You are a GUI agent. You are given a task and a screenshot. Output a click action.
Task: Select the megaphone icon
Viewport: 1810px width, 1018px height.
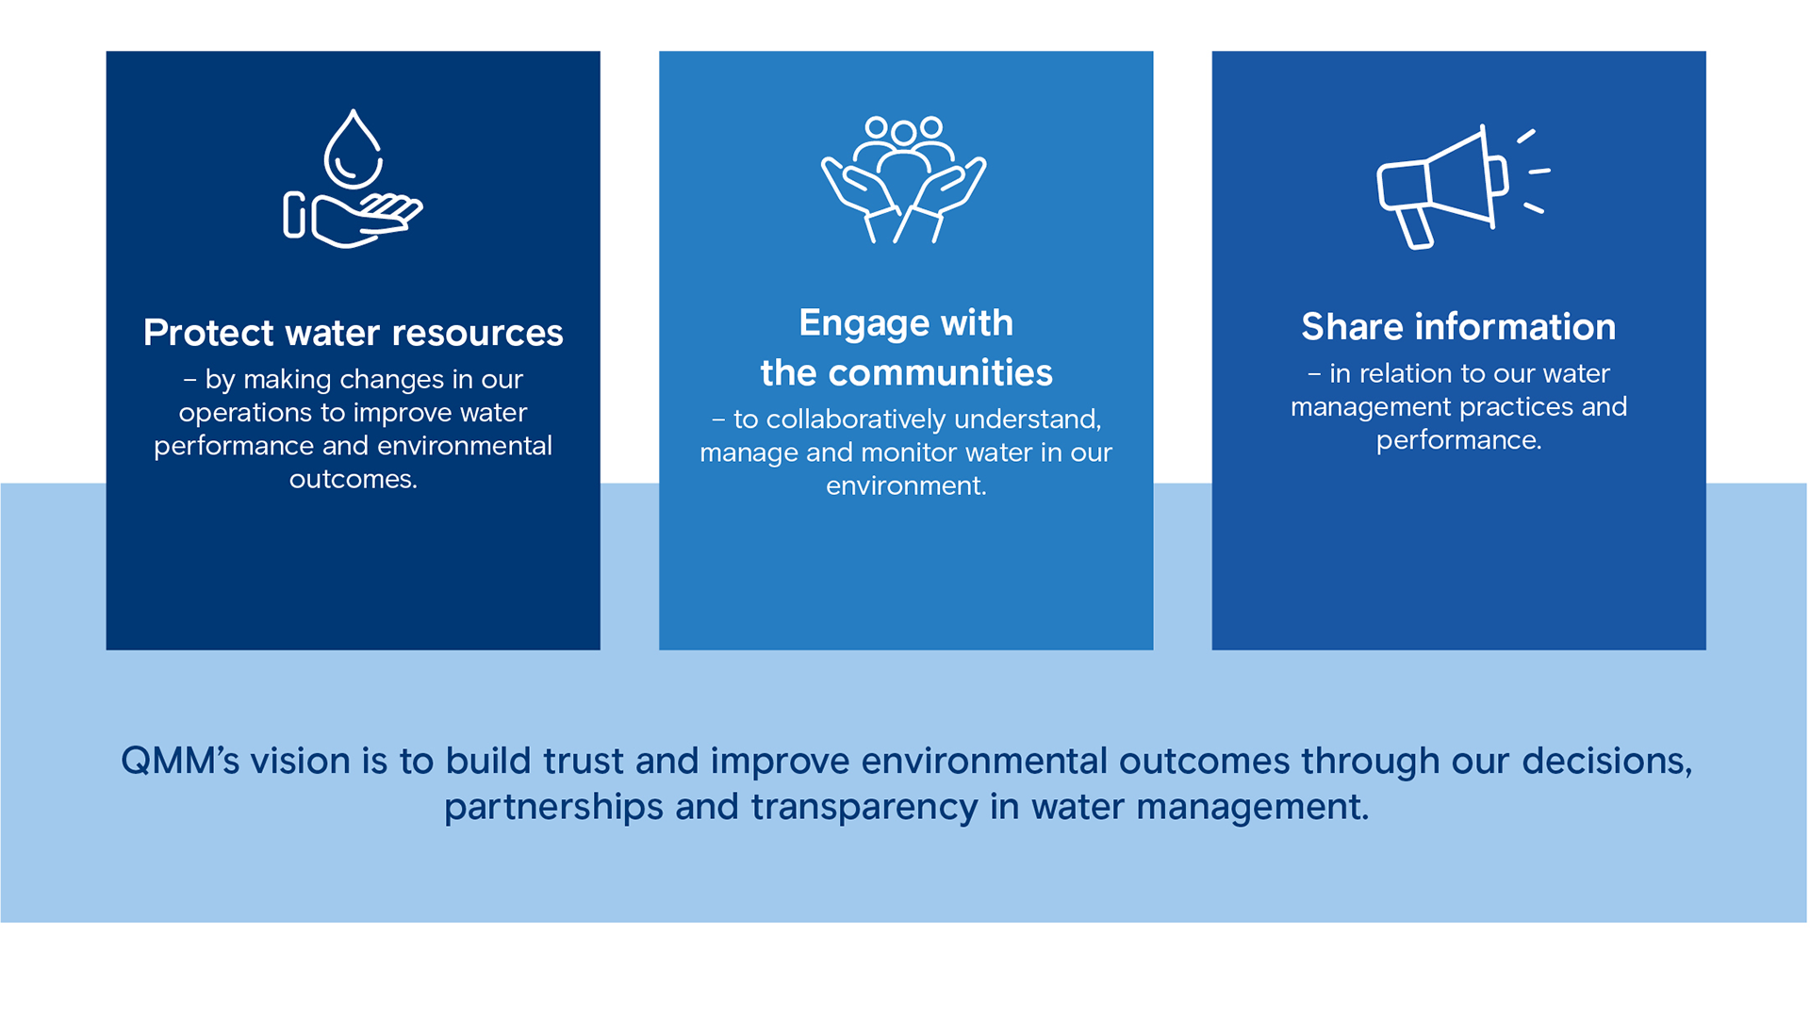1462,187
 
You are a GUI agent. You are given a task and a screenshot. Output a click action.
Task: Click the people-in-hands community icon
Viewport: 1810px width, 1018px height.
904,179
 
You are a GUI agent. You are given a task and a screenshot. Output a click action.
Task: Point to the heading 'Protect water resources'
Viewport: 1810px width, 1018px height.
354,333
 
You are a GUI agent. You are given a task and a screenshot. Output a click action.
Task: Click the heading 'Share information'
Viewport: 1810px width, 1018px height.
1458,327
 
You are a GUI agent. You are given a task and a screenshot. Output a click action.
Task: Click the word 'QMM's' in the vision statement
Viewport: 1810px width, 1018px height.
180,761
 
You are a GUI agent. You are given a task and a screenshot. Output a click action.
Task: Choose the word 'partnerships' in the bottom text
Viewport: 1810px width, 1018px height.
553,808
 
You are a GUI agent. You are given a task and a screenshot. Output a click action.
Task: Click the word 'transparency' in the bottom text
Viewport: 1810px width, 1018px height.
864,808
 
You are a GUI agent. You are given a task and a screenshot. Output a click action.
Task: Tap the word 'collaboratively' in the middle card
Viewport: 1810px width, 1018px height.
855,419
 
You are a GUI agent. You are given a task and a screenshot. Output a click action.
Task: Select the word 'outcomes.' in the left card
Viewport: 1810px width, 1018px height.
354,480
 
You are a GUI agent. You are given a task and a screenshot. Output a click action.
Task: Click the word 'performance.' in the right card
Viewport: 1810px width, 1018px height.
1458,441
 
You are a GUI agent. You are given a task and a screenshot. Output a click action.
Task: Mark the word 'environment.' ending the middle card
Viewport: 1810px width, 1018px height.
906,486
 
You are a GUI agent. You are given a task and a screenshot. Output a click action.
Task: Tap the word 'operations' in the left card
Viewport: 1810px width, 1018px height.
245,414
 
